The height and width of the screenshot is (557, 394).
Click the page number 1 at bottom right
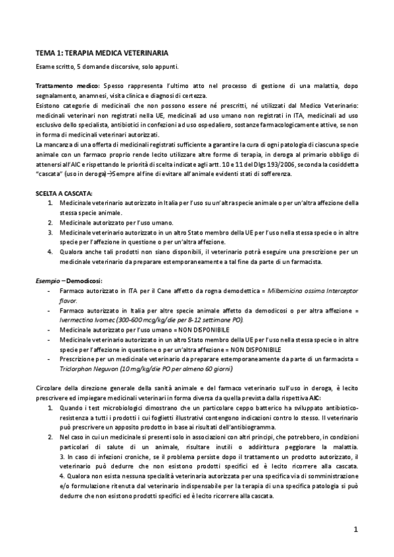pyautogui.click(x=355, y=529)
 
